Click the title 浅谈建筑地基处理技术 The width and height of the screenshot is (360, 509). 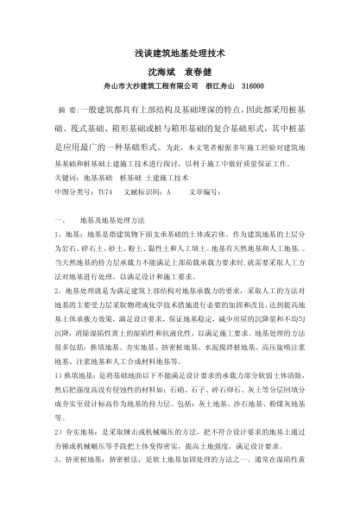pos(180,53)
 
